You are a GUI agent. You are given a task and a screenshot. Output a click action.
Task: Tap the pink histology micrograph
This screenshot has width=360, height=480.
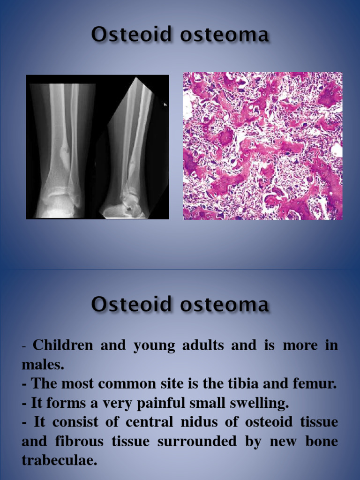coord(262,146)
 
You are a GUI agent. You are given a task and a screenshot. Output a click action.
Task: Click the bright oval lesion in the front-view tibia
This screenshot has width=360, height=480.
coord(64,152)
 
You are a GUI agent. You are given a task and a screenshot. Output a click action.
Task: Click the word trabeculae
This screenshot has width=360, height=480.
coord(59,461)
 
